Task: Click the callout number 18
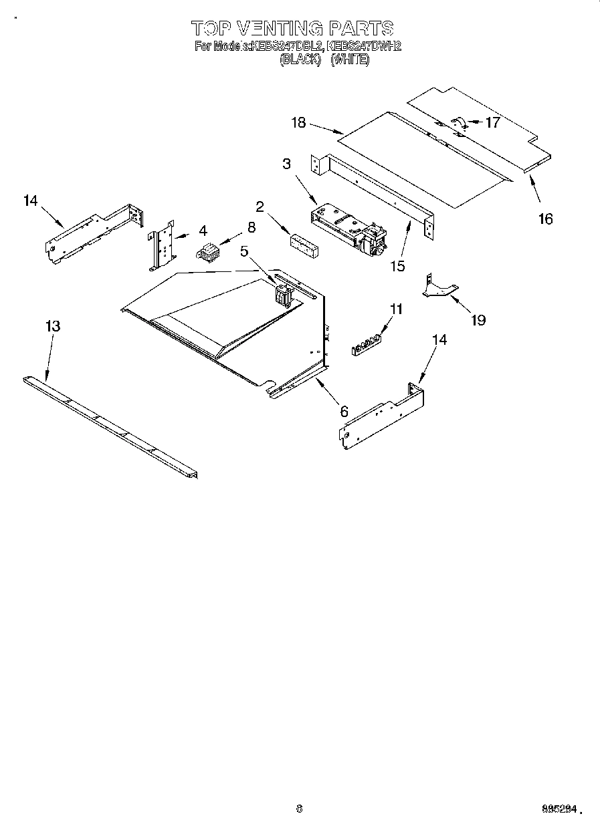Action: tap(298, 122)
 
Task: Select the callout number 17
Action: tap(492, 122)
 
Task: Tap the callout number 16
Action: tap(546, 219)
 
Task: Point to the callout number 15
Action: tap(397, 266)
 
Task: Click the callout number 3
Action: tap(286, 164)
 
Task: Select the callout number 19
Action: tap(478, 320)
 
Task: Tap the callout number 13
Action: tap(52, 326)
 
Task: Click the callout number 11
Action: tap(397, 309)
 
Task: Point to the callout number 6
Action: tap(344, 412)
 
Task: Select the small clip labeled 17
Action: tap(460, 122)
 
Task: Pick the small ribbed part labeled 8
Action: tap(208, 252)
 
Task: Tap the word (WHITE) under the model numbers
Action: tap(350, 59)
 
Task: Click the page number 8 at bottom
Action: tap(299, 808)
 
